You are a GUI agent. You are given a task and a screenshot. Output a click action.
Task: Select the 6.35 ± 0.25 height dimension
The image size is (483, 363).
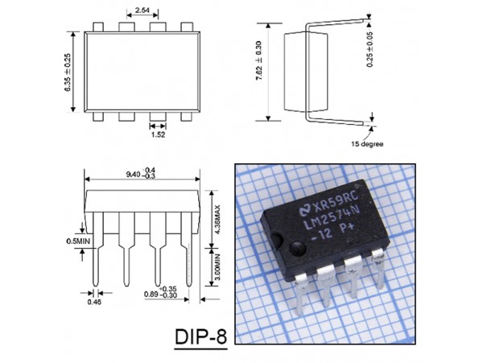(68, 72)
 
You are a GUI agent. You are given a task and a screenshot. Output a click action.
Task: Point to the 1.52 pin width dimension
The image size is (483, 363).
(157, 136)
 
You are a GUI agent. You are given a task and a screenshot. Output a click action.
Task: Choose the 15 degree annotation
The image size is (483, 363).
(367, 145)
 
